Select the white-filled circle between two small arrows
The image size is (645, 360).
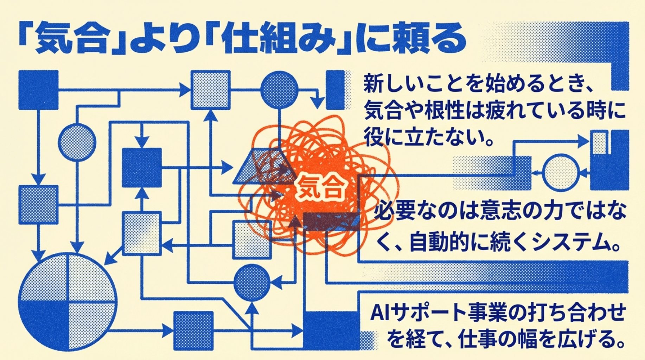[561, 172]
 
